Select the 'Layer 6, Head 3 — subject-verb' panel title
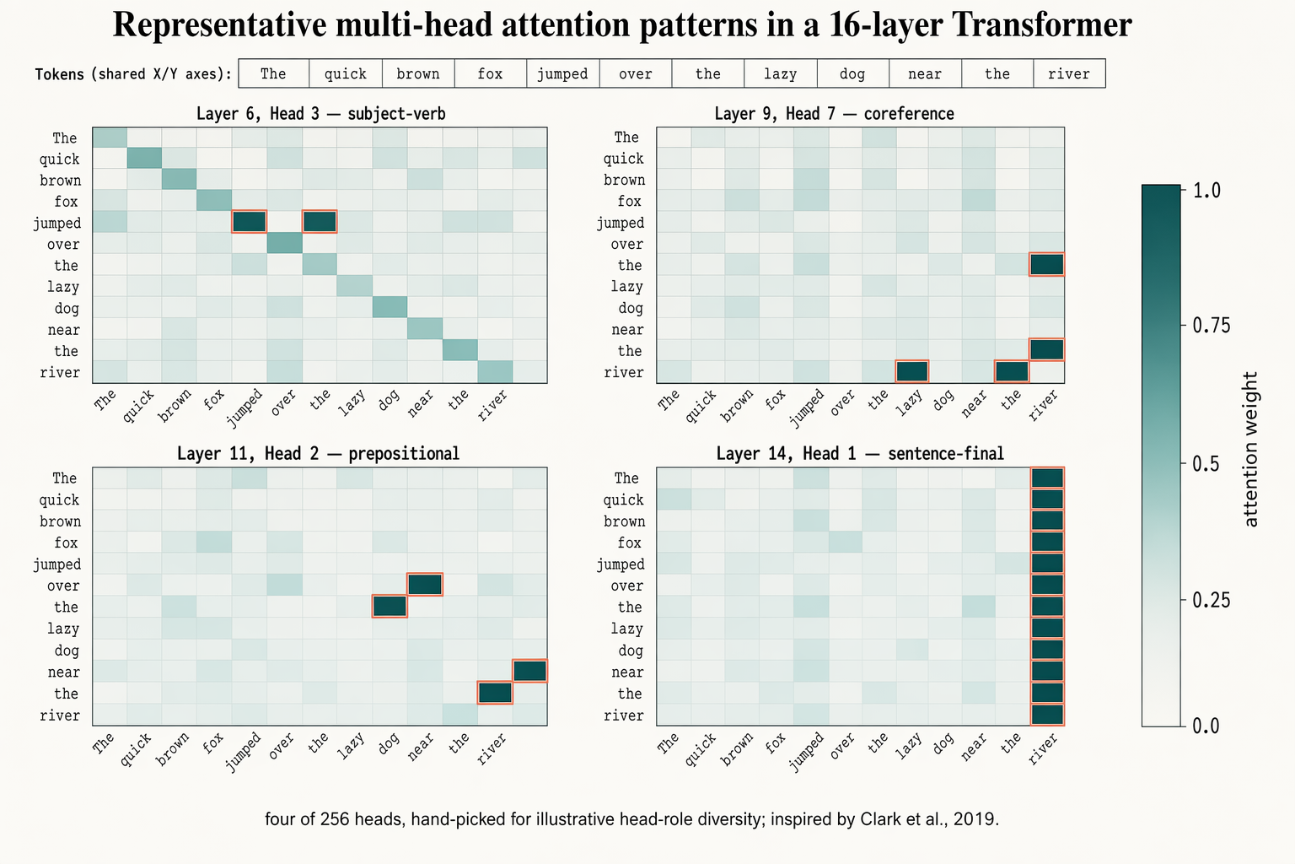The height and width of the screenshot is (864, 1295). point(320,114)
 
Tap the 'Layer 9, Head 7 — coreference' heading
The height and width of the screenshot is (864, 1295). point(834,114)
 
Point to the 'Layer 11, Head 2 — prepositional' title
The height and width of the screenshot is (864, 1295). point(318,454)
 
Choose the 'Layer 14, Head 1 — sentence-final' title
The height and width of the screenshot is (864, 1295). point(860,454)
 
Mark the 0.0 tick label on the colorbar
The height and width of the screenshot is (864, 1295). point(1206,726)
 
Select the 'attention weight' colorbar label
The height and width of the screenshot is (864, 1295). point(1251,450)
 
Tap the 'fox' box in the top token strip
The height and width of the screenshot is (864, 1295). point(490,74)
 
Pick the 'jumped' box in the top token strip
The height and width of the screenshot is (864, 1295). point(562,74)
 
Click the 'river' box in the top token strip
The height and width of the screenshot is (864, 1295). point(1069,74)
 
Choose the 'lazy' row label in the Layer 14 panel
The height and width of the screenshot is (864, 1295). point(626,629)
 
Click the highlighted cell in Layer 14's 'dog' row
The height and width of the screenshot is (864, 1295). point(1047,650)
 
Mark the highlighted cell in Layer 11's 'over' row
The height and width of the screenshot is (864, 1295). point(425,585)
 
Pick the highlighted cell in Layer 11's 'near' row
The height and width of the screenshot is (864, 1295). point(530,671)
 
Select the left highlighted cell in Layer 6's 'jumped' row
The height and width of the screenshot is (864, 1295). point(250,221)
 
